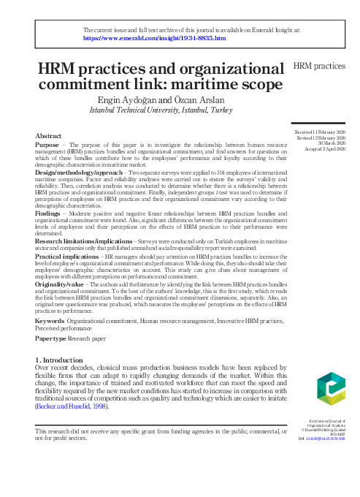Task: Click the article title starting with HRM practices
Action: pyautogui.click(x=158, y=77)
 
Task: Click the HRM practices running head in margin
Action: pyautogui.click(x=318, y=67)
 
